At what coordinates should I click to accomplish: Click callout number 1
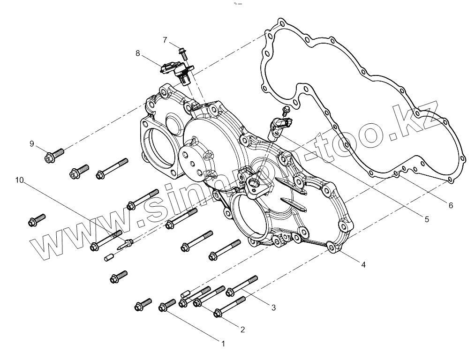(x=223, y=344)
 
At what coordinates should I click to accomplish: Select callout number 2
(x=242, y=330)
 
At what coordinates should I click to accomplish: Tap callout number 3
(x=273, y=307)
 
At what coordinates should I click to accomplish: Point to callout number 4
(x=363, y=264)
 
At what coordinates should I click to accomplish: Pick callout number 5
(x=426, y=218)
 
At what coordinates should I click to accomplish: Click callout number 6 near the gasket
(x=451, y=205)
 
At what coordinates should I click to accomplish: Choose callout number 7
(x=165, y=40)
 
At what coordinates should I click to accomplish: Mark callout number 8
(x=138, y=53)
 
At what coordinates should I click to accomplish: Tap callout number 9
(x=32, y=143)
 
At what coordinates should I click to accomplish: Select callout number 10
(x=19, y=180)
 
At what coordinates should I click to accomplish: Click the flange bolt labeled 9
(x=54, y=155)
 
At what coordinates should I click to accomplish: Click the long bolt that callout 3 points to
(x=242, y=285)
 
